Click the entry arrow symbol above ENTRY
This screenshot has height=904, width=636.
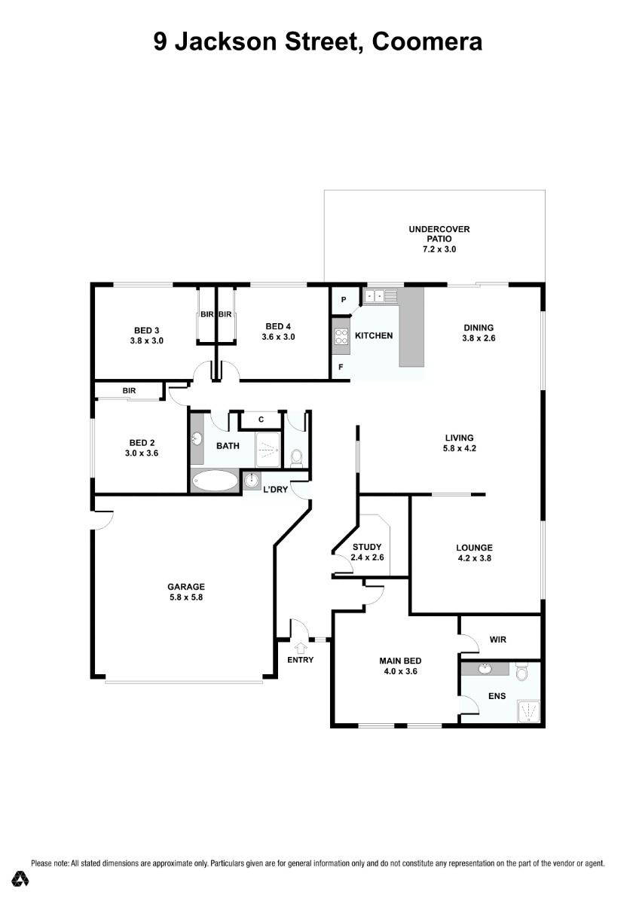pos(300,649)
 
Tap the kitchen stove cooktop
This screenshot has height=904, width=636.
pos(341,336)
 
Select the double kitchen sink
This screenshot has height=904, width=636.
pos(375,296)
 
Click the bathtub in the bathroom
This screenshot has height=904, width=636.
pos(215,481)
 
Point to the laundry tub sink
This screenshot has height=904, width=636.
pos(252,481)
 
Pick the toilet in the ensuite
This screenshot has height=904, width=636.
pos(521,672)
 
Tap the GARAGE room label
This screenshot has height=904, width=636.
pos(186,586)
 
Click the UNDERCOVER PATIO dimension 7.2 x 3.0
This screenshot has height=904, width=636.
pos(439,249)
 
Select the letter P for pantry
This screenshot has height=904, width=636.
pos(343,300)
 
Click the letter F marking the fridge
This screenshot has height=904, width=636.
pos(341,368)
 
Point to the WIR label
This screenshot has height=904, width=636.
pos(497,640)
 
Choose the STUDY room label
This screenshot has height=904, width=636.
pos(367,547)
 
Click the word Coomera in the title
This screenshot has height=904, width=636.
pos(427,41)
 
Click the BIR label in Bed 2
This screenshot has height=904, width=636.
pos(129,391)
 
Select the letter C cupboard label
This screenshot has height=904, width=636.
pos(261,420)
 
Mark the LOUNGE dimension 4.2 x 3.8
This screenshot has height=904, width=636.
pos(474,558)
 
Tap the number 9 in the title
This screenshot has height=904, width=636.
pos(161,41)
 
